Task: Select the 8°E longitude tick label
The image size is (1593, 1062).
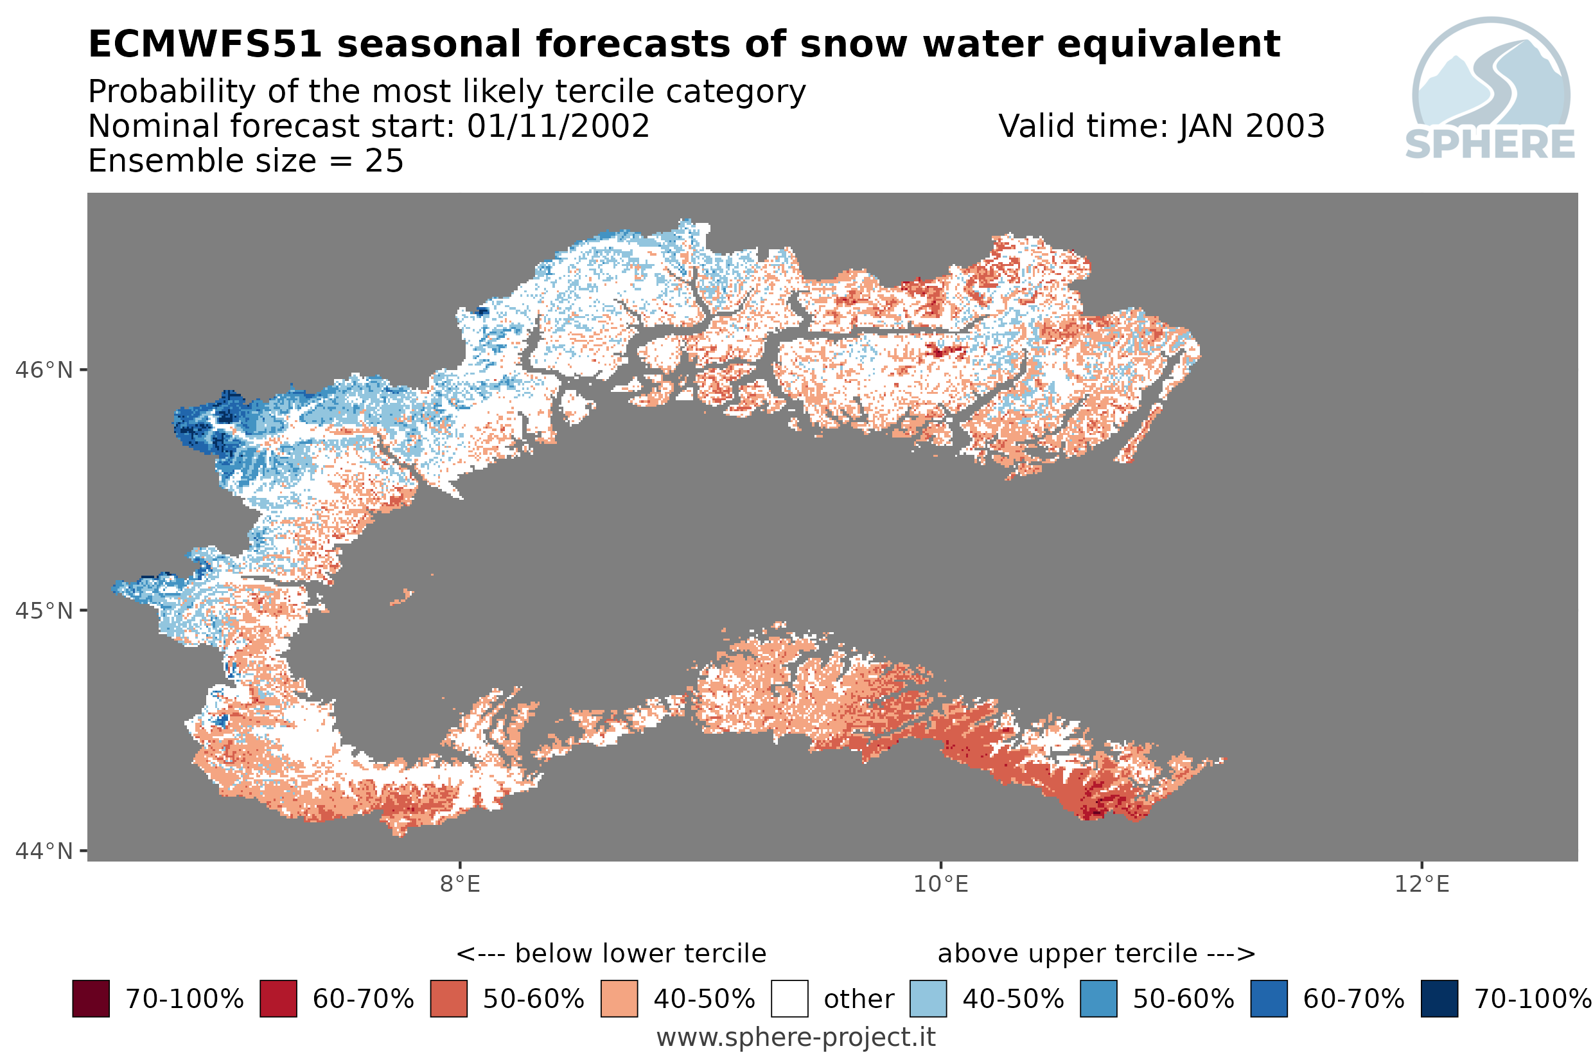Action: tap(461, 885)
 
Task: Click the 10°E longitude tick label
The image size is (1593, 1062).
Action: tap(941, 885)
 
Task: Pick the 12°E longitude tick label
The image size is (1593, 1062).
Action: tap(1421, 885)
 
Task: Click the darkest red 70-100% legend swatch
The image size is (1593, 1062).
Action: tap(91, 999)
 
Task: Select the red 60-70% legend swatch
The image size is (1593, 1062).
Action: tap(278, 999)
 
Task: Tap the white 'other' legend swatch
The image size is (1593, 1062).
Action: tap(789, 999)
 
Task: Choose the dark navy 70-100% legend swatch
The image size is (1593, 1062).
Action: tap(1439, 999)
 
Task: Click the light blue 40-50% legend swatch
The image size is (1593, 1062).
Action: tap(928, 999)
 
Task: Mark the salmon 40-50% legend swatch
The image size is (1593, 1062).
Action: tap(619, 999)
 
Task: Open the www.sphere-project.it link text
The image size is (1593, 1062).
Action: tap(796, 1038)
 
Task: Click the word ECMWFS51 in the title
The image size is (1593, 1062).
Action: tap(204, 45)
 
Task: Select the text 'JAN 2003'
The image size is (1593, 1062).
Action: tap(1251, 126)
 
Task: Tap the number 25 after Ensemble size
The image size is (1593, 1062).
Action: tap(385, 161)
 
